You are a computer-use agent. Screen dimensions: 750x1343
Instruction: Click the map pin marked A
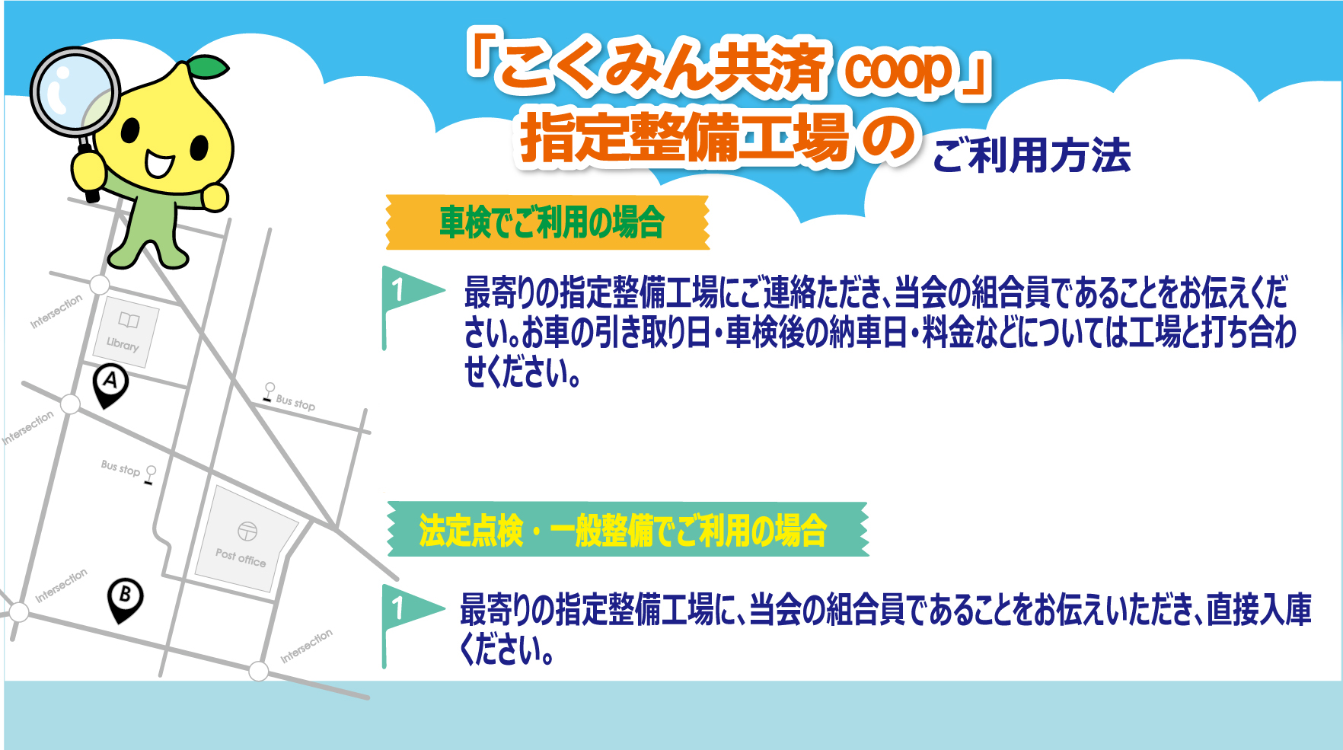pyautogui.click(x=110, y=383)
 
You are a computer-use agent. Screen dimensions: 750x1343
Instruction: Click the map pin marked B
pyautogui.click(x=126, y=598)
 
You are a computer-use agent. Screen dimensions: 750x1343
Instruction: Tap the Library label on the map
pyautogui.click(x=123, y=344)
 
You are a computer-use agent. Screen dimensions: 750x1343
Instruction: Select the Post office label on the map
pyautogui.click(x=241, y=558)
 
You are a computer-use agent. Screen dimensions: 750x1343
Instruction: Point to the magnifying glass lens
pyautogui.click(x=74, y=92)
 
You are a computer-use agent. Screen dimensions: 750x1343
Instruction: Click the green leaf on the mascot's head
pyautogui.click(x=210, y=68)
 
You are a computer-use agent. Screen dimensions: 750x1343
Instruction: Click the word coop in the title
pyautogui.click(x=898, y=70)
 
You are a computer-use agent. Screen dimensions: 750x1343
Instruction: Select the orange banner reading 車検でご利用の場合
pyautogui.click(x=548, y=222)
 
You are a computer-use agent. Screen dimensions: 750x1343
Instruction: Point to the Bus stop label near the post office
pyautogui.click(x=121, y=468)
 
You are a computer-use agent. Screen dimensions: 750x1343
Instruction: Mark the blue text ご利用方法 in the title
pyautogui.click(x=1032, y=155)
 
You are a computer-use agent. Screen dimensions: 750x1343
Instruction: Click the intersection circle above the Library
pyautogui.click(x=100, y=285)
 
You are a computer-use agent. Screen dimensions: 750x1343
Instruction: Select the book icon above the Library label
pyautogui.click(x=129, y=321)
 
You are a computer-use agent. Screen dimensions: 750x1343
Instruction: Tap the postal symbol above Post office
pyautogui.click(x=247, y=531)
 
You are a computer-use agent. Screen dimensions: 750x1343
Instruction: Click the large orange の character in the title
pyautogui.click(x=887, y=137)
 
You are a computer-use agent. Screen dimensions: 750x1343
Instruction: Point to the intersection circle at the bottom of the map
pyautogui.click(x=259, y=671)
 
